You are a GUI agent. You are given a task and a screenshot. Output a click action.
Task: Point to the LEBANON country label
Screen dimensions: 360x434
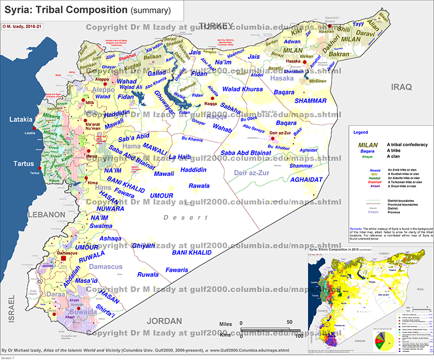tap(48, 215)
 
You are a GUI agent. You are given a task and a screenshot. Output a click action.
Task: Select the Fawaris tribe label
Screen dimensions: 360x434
tap(177, 270)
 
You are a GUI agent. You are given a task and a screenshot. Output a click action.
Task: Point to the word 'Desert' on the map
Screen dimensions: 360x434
tap(175, 217)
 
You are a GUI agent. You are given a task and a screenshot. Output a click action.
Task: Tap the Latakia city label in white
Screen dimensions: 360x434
tap(18, 119)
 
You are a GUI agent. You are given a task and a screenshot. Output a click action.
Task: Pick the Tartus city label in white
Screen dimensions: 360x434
tap(20, 163)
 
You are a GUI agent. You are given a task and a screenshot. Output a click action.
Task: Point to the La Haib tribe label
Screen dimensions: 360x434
tap(181, 157)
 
